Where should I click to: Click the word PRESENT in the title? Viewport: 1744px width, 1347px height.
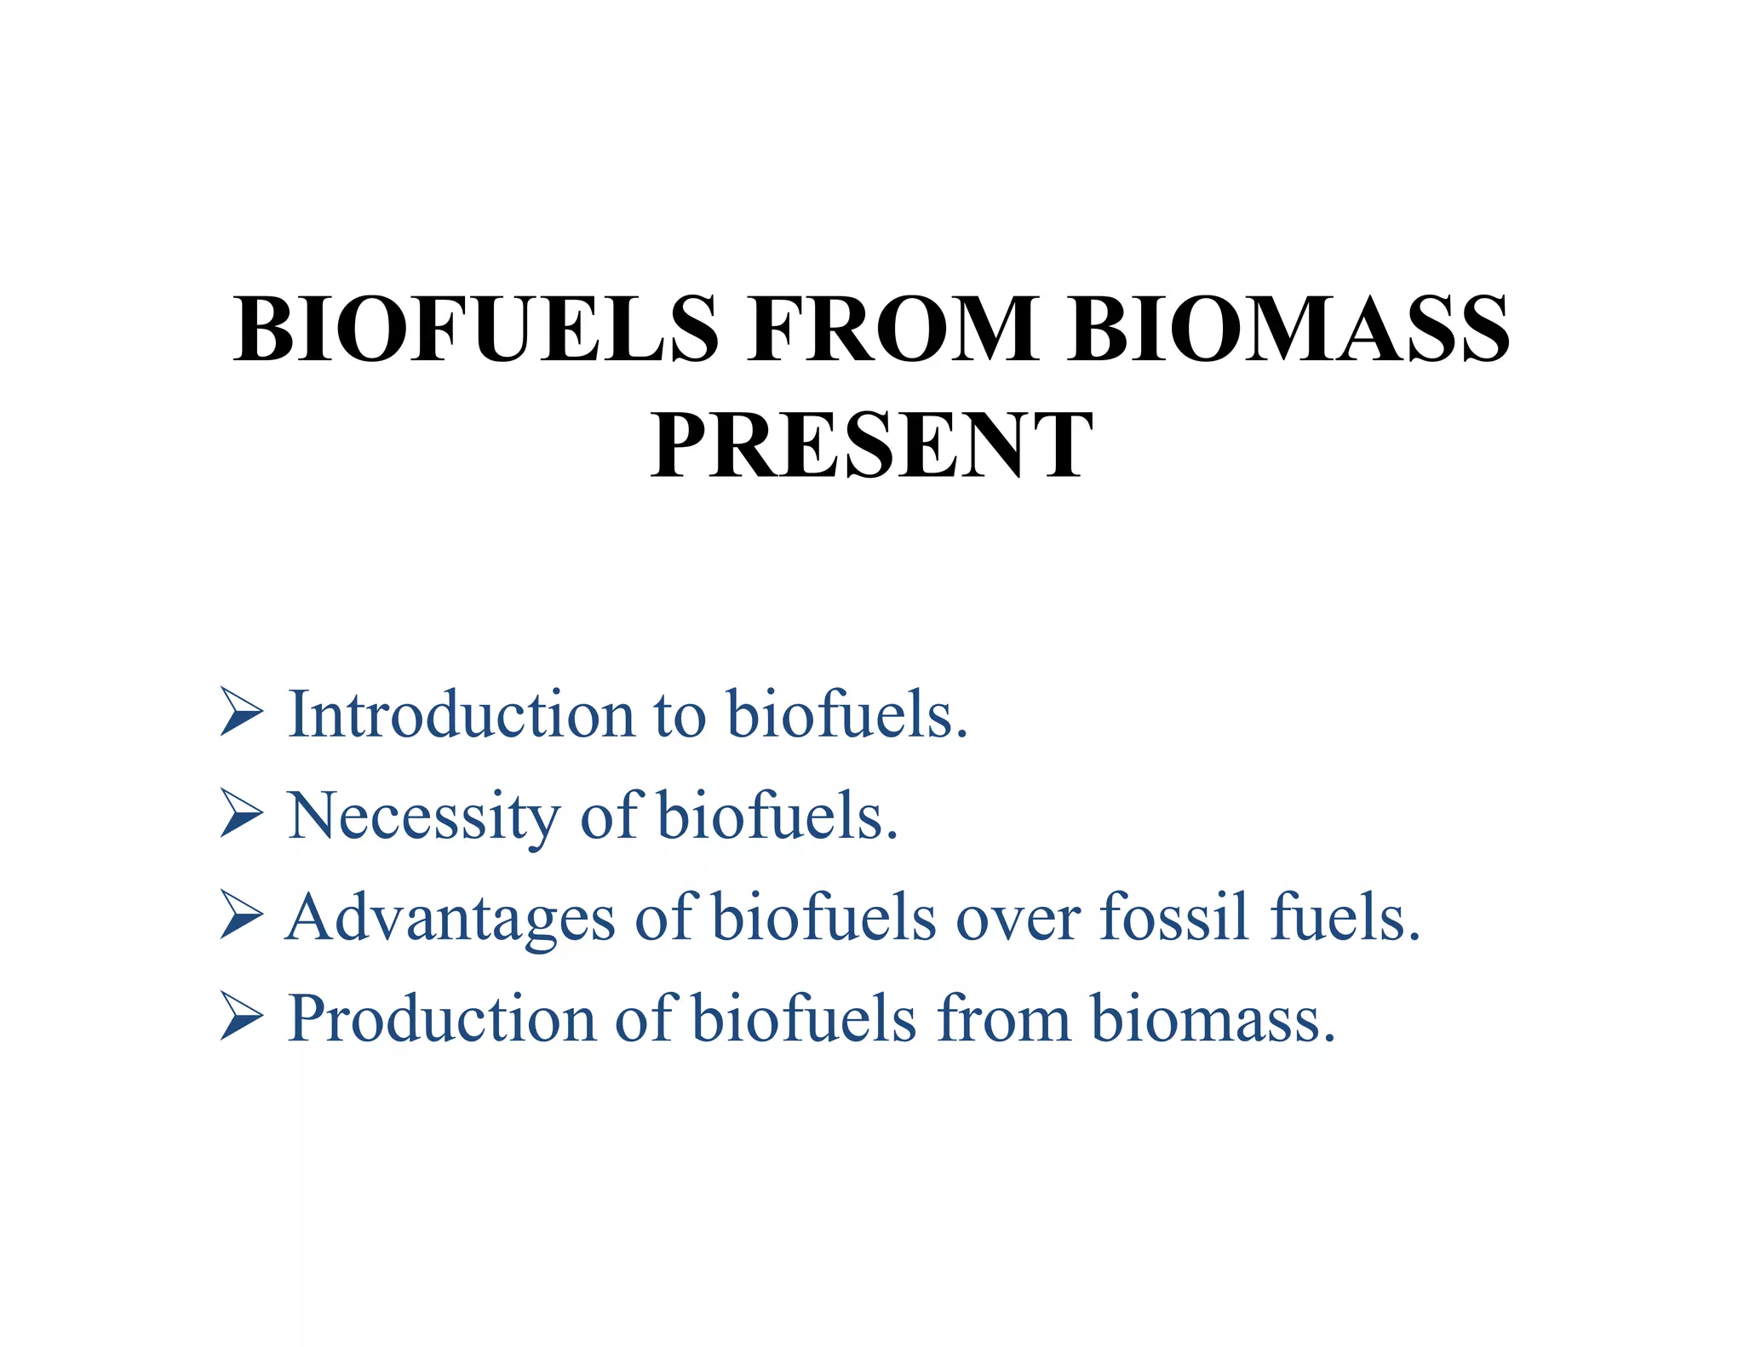pos(871,445)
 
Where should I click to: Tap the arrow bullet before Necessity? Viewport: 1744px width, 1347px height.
pos(241,813)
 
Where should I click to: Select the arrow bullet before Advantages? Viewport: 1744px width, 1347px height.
pos(241,914)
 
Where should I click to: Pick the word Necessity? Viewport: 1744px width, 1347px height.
pos(424,816)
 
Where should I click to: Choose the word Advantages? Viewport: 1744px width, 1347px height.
pos(450,918)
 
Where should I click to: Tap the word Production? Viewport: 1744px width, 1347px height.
pos(441,1018)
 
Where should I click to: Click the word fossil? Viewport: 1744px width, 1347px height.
pos(1174,916)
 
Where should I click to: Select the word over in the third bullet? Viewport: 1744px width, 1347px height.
pos(1017,920)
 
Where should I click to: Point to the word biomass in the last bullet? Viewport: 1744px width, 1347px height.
pos(1213,1018)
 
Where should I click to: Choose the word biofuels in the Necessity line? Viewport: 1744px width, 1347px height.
pos(777,815)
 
